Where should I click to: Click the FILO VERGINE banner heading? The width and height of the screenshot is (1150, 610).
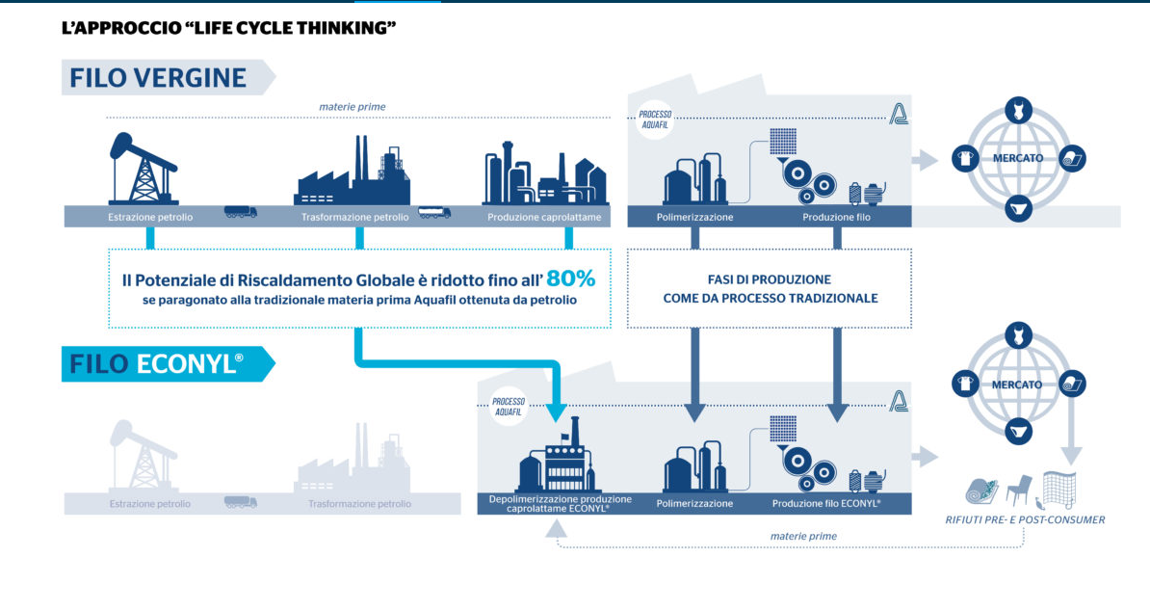[158, 77]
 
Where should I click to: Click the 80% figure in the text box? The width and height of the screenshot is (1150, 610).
[570, 279]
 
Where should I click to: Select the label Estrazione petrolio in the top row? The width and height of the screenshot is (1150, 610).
[150, 217]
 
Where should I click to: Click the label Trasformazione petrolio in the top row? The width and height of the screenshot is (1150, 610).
[354, 217]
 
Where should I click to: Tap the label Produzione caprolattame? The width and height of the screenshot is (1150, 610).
[544, 217]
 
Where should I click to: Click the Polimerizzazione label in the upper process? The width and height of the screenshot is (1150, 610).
[694, 217]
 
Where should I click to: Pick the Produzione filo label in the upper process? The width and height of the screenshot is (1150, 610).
[837, 217]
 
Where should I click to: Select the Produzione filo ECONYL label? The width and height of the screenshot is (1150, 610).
[826, 503]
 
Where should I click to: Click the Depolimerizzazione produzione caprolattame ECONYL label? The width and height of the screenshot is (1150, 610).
[560, 503]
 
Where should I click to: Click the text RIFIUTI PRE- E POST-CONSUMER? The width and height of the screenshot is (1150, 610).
[1025, 520]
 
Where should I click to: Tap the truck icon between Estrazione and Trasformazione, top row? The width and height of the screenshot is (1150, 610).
[241, 212]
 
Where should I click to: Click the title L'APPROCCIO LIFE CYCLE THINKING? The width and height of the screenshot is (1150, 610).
[228, 28]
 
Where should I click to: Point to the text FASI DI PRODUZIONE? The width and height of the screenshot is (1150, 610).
[770, 279]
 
